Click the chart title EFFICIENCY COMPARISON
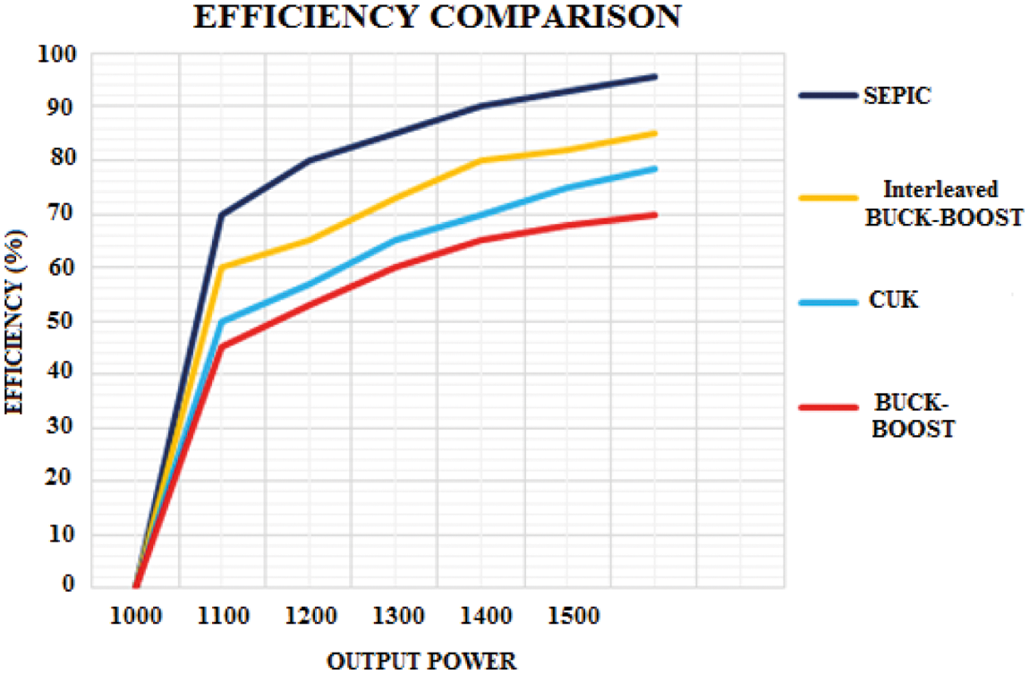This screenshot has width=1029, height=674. click(438, 17)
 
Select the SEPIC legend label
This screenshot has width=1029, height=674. click(897, 96)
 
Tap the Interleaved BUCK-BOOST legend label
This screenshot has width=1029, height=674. click(943, 203)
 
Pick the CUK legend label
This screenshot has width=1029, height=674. click(892, 301)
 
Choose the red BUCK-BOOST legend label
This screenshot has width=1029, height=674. click(913, 417)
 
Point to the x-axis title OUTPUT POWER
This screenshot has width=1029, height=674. click(421, 661)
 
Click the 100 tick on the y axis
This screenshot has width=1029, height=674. click(59, 55)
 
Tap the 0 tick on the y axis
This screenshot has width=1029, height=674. click(70, 585)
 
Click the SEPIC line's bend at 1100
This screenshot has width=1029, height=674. click(222, 215)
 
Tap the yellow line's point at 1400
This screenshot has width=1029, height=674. click(481, 161)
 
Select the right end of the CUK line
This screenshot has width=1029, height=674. click(655, 168)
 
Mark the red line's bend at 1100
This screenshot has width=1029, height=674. click(222, 346)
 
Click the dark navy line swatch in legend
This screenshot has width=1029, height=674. click(827, 95)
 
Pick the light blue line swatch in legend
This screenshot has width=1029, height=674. click(827, 302)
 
